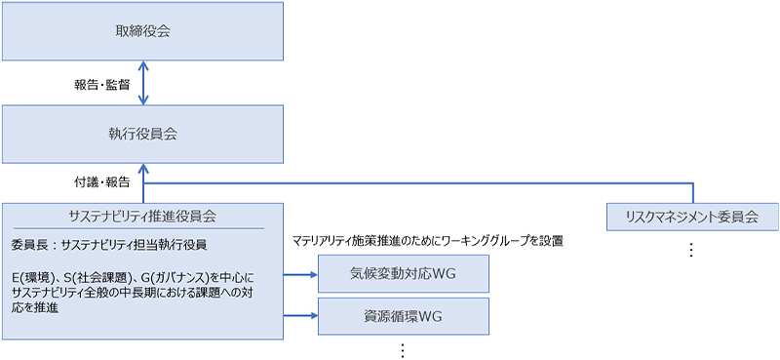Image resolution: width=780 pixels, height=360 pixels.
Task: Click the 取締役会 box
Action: coord(142,31)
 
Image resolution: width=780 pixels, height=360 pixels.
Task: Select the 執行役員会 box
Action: coord(142,134)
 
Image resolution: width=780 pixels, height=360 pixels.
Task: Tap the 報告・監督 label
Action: coord(102,84)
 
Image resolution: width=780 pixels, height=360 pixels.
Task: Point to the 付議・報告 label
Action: coord(102,182)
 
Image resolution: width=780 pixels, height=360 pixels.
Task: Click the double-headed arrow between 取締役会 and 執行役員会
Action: coord(143,84)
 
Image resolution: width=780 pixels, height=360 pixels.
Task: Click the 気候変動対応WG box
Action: coord(403,274)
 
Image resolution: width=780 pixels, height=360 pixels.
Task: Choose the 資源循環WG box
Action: coord(403,316)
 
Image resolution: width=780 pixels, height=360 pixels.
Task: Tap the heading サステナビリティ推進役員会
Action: coord(142,216)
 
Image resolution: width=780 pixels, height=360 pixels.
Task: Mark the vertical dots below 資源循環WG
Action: coord(402,349)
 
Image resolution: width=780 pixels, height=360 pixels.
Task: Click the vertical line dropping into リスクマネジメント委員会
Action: coord(693,192)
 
